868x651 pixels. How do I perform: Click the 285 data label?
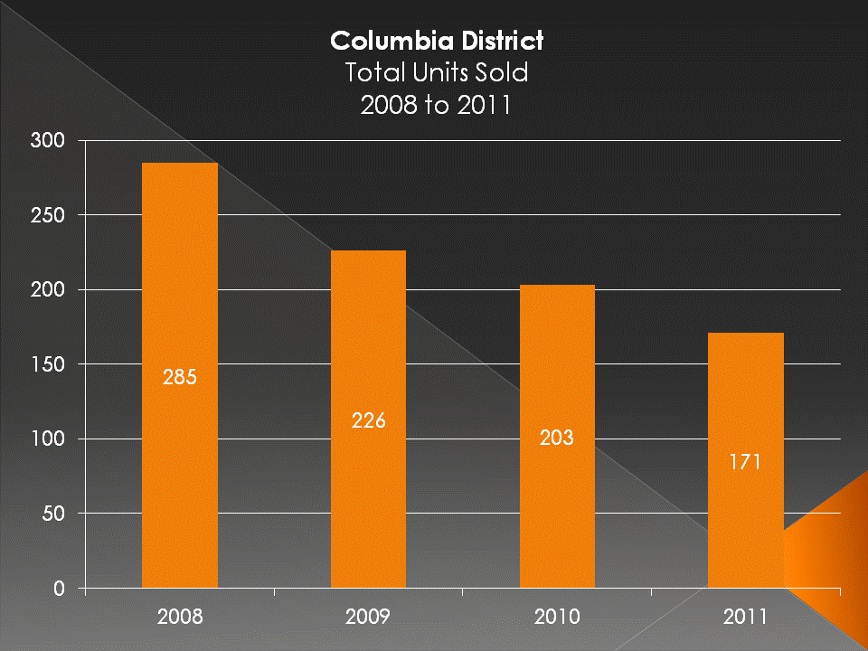[179, 377]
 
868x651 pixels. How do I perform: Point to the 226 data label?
[368, 420]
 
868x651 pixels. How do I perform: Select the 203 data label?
[557, 438]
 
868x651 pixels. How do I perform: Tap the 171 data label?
[745, 462]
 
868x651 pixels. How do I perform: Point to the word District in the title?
[496, 42]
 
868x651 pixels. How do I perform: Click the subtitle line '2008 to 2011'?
[436, 104]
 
